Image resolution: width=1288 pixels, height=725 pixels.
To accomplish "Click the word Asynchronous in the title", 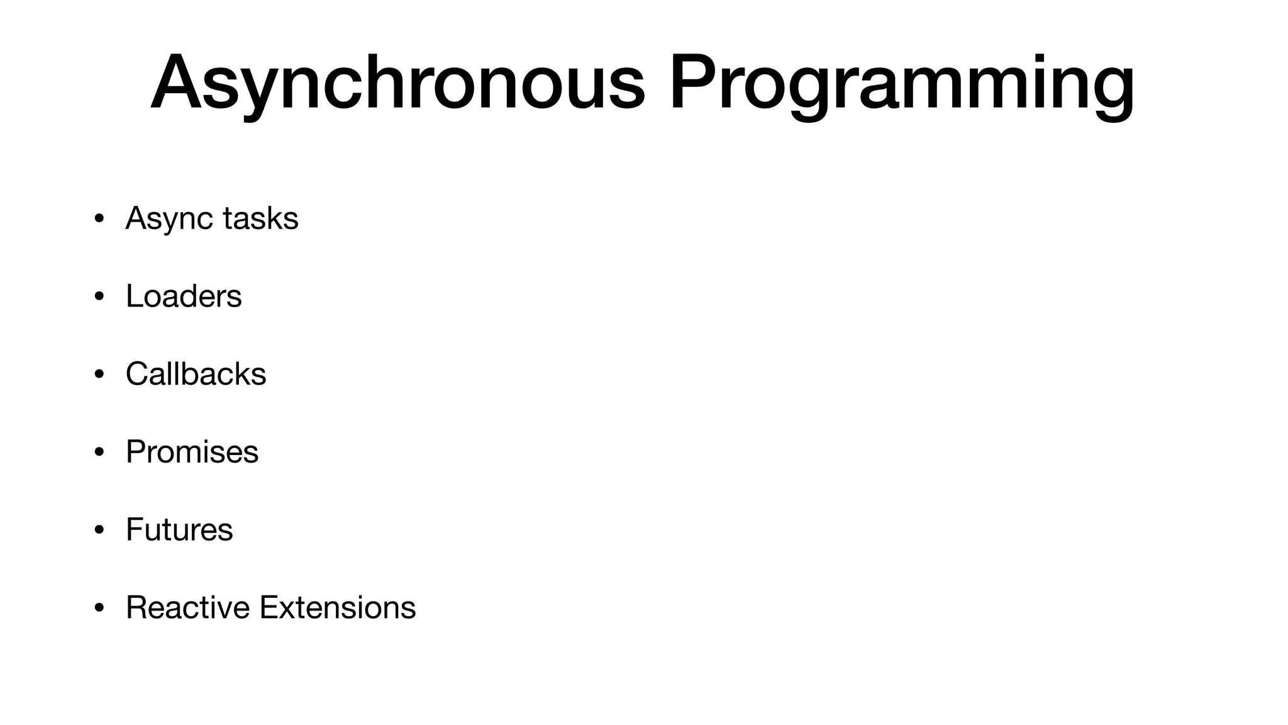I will [x=397, y=83].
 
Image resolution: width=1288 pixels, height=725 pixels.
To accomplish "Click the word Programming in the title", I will [x=901, y=83].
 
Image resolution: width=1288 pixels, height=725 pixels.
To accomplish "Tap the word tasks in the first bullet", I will [x=260, y=218].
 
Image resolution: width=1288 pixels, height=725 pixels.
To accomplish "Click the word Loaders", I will [x=184, y=296].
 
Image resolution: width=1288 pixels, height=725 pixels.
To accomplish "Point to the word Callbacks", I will [x=196, y=374].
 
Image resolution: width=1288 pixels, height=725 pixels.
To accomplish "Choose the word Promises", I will [x=192, y=452].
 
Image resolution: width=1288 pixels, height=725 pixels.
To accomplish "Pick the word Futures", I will [x=179, y=529].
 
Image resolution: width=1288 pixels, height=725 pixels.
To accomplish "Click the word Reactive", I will [x=187, y=607].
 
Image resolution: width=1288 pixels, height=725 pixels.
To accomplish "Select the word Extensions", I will [x=338, y=607].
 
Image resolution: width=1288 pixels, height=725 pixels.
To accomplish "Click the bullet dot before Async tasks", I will [x=99, y=220].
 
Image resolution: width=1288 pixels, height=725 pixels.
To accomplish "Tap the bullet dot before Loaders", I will [x=99, y=297].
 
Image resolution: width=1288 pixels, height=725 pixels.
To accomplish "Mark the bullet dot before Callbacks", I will [x=99, y=375].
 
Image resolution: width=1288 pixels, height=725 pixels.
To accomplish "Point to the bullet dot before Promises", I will [x=99, y=453].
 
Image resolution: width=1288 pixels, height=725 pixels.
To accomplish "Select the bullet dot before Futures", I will [x=99, y=531].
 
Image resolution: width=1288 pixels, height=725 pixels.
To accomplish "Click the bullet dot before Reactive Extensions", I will [x=99, y=609].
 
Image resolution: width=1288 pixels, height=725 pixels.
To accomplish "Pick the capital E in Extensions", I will [x=269, y=607].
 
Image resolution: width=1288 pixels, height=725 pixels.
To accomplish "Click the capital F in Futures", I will [x=135, y=529].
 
